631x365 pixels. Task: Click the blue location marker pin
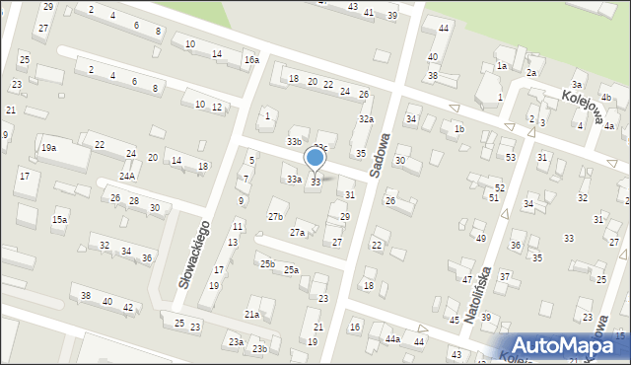pyautogui.click(x=315, y=158)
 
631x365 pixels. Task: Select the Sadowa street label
pyautogui.click(x=381, y=155)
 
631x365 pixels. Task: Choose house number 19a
pyautogui.click(x=48, y=148)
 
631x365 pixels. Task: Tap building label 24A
pyautogui.click(x=128, y=176)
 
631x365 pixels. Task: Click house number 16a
pyautogui.click(x=251, y=60)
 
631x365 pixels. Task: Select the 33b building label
pyautogui.click(x=295, y=142)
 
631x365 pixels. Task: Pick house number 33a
pyautogui.click(x=294, y=180)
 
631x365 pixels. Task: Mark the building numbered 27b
pyautogui.click(x=276, y=216)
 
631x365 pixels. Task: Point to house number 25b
pyautogui.click(x=267, y=263)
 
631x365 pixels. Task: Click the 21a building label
pyautogui.click(x=252, y=314)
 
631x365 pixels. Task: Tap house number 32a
pyautogui.click(x=366, y=118)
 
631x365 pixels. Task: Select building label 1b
pyautogui.click(x=458, y=128)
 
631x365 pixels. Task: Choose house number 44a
pyautogui.click(x=392, y=339)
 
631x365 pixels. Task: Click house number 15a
pyautogui.click(x=59, y=219)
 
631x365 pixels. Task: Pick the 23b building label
pyautogui.click(x=259, y=349)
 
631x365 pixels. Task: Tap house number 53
pyautogui.click(x=510, y=157)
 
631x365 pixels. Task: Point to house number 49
pyautogui.click(x=480, y=238)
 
